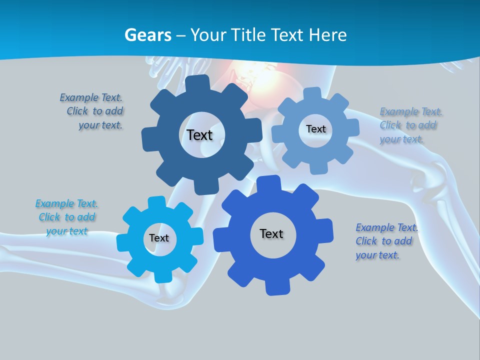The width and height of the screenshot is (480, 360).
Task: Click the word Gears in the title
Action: coord(147,35)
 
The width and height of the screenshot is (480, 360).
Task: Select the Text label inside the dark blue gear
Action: coord(199,135)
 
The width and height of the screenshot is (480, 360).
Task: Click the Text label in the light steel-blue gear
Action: coord(315,129)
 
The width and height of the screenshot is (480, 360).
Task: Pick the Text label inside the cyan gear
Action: coord(159,238)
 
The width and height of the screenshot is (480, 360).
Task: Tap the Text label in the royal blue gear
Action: coord(271,234)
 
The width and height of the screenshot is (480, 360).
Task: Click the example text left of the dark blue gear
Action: coord(92,111)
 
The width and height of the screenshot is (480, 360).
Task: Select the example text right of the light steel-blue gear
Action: coord(410,125)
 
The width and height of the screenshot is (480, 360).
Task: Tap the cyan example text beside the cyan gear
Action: coord(66,217)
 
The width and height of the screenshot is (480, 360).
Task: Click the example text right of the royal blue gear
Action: coord(386,241)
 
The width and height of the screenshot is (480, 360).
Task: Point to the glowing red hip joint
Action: coord(245,80)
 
